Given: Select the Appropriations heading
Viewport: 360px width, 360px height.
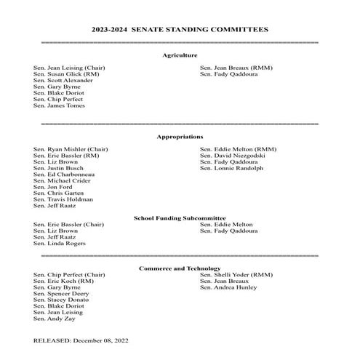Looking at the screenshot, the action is coord(180,137).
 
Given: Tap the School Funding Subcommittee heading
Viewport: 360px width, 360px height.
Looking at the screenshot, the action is coord(180,218).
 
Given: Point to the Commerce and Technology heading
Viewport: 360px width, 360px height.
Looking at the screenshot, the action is coord(180,268).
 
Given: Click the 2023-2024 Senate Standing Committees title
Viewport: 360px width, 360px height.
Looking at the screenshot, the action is coord(180,29).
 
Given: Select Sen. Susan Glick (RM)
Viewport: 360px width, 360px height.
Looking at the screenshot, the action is coord(66,74).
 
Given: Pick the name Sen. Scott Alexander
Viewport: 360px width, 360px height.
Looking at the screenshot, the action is coord(63,81).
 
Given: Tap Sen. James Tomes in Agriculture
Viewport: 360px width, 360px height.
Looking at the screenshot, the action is coord(59,105).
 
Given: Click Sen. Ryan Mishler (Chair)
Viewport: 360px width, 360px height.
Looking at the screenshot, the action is coord(71,149).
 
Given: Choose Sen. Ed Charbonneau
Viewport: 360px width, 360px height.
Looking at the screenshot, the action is coord(64,175).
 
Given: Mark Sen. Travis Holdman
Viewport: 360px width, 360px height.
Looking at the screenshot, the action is coord(63,199).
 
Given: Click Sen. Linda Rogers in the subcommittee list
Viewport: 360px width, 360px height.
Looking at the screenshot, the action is coord(60,244).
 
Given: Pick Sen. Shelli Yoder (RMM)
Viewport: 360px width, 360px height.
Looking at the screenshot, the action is coord(236,275).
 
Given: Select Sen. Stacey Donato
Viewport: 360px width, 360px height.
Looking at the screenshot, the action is coord(61,300).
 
